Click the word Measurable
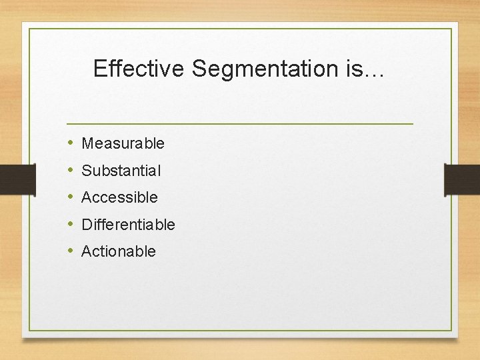(x=123, y=143)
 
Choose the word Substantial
(x=121, y=171)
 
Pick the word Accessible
(x=119, y=197)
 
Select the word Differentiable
(x=128, y=225)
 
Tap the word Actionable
(x=118, y=251)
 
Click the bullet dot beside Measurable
(x=71, y=143)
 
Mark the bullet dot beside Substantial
(x=71, y=171)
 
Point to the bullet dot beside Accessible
(x=71, y=197)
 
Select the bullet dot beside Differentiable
(x=71, y=225)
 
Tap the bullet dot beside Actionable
(x=71, y=251)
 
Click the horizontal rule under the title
(x=240, y=124)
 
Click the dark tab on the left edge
(x=17, y=179)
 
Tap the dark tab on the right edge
(x=462, y=179)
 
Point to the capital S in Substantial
(x=86, y=171)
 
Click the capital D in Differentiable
(x=86, y=225)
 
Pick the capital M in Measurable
(x=87, y=143)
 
